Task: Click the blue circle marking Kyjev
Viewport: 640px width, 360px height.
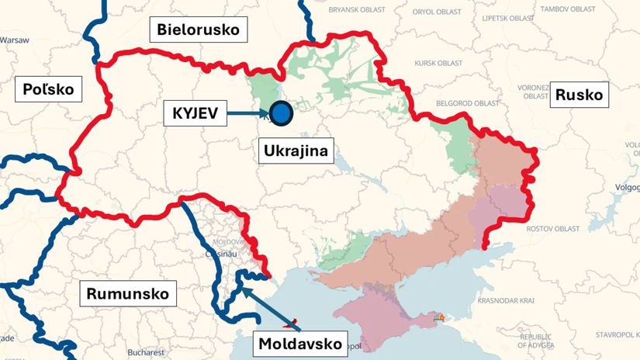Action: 281,114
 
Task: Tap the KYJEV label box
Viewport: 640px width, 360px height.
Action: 195,114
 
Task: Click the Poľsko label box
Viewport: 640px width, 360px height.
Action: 48,89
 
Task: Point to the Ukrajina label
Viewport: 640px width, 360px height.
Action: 294,149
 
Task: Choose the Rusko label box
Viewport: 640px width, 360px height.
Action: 579,95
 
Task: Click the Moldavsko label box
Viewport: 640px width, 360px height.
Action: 300,343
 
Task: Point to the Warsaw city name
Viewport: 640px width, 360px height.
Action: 14,40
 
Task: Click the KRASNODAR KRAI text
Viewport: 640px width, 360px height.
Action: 508,300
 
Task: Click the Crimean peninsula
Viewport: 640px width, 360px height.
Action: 372,314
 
